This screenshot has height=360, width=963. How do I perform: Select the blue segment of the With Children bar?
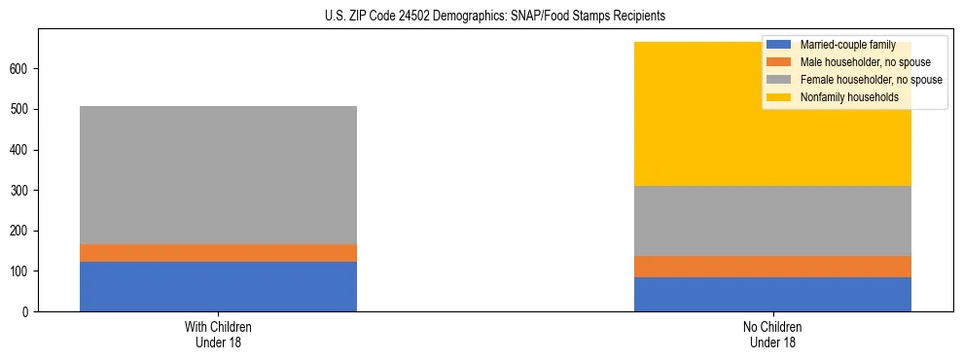click(218, 286)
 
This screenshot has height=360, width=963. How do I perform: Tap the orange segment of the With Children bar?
click(218, 253)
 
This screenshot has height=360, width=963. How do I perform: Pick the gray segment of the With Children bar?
click(218, 175)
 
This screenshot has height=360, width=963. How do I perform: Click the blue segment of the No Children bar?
click(772, 294)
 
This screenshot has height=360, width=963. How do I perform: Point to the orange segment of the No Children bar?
click(772, 267)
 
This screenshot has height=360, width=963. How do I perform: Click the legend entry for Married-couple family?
click(847, 45)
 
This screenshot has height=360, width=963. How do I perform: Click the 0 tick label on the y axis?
click(26, 311)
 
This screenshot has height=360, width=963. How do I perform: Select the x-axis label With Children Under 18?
click(218, 334)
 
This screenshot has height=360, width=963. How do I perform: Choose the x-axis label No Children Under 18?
click(772, 334)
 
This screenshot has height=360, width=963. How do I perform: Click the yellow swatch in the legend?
click(779, 97)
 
